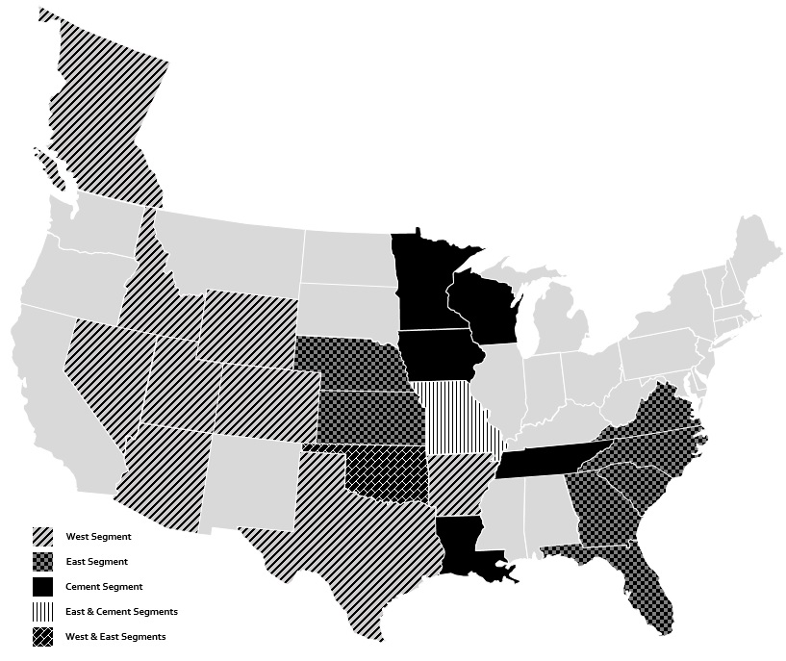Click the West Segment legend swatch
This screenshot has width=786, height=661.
click(42, 537)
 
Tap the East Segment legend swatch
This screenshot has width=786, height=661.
click(42, 562)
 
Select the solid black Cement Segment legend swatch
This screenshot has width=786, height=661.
click(42, 587)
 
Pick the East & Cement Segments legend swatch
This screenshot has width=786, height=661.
click(42, 612)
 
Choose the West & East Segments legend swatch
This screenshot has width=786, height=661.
click(42, 637)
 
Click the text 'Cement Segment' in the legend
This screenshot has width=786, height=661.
click(104, 587)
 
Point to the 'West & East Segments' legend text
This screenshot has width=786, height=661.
click(115, 637)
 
